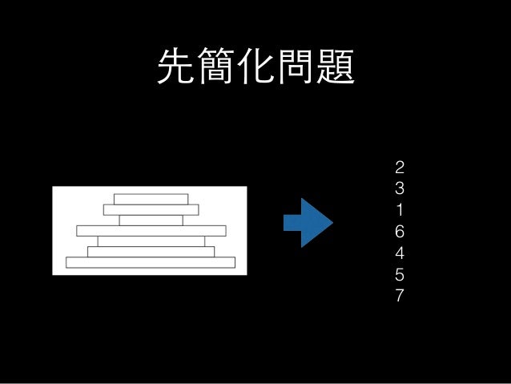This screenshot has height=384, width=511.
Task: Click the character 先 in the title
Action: pos(175,67)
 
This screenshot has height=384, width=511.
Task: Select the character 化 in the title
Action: pos(255,67)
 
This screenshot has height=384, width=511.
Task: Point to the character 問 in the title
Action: pos(295,67)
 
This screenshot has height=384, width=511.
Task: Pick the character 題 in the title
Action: pos(335,67)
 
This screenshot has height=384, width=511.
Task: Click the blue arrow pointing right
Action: pos(308,221)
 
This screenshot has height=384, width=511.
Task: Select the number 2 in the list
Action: pos(400,168)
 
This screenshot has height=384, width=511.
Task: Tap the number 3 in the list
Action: pos(400,190)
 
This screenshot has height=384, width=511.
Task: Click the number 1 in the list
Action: pos(400,211)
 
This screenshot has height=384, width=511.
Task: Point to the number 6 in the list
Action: pos(400,232)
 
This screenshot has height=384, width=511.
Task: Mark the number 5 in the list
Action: pos(400,275)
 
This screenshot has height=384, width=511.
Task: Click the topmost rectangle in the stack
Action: pos(151,199)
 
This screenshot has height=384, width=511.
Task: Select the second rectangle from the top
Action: pos(151,210)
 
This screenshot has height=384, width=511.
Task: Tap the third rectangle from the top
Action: pos(151,220)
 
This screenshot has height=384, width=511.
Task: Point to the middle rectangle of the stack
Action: pos(151,231)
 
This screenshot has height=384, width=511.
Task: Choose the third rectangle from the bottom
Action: pos(151,241)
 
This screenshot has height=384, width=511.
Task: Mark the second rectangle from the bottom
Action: pos(151,252)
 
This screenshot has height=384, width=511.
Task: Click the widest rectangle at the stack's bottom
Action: pos(151,262)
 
